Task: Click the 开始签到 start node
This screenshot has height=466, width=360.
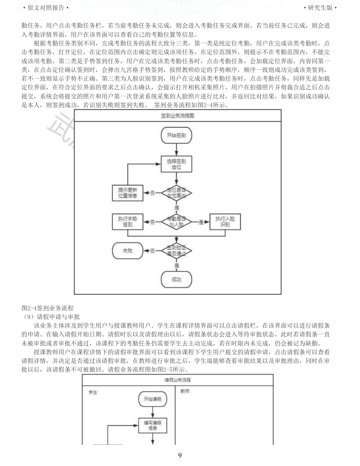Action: coord(176,135)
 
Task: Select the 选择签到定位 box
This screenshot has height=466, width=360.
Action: coord(176,163)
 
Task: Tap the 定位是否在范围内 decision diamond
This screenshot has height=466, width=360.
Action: coord(176,193)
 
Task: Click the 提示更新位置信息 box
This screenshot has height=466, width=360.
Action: coord(128,193)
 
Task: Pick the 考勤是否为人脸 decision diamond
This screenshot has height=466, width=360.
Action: coord(176,222)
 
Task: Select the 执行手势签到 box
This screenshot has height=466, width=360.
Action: coord(128,222)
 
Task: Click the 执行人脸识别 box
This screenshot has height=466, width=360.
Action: coord(225,222)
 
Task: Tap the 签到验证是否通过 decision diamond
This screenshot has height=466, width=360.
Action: coord(176,250)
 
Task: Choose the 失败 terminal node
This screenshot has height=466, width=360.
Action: coord(128,250)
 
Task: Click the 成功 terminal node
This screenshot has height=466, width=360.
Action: coord(176,280)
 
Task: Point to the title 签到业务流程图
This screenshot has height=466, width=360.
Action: coord(178,116)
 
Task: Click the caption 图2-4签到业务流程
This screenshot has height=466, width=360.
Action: coord(47,308)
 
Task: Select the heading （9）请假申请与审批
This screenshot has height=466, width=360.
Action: coord(50,316)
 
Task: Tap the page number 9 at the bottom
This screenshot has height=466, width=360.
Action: coord(180,455)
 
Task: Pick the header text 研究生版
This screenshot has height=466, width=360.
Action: coord(320,8)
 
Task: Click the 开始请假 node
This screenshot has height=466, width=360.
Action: coord(152,399)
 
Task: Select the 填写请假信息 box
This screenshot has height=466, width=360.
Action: coord(152,425)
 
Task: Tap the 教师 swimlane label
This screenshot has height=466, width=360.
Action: coord(185,391)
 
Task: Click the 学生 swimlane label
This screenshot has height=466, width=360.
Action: coord(93,393)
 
